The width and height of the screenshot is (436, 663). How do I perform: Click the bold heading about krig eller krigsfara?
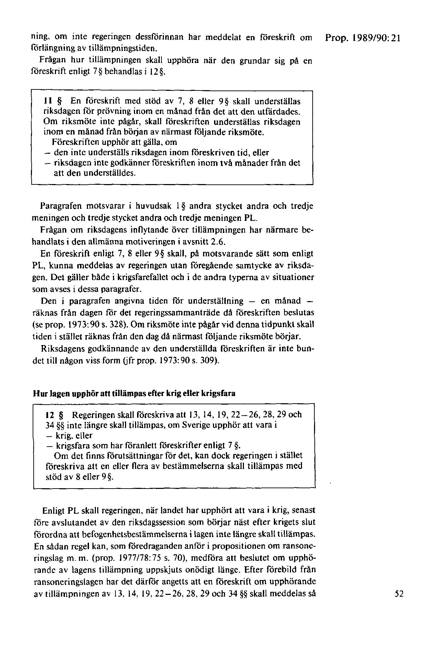point(134,394)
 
